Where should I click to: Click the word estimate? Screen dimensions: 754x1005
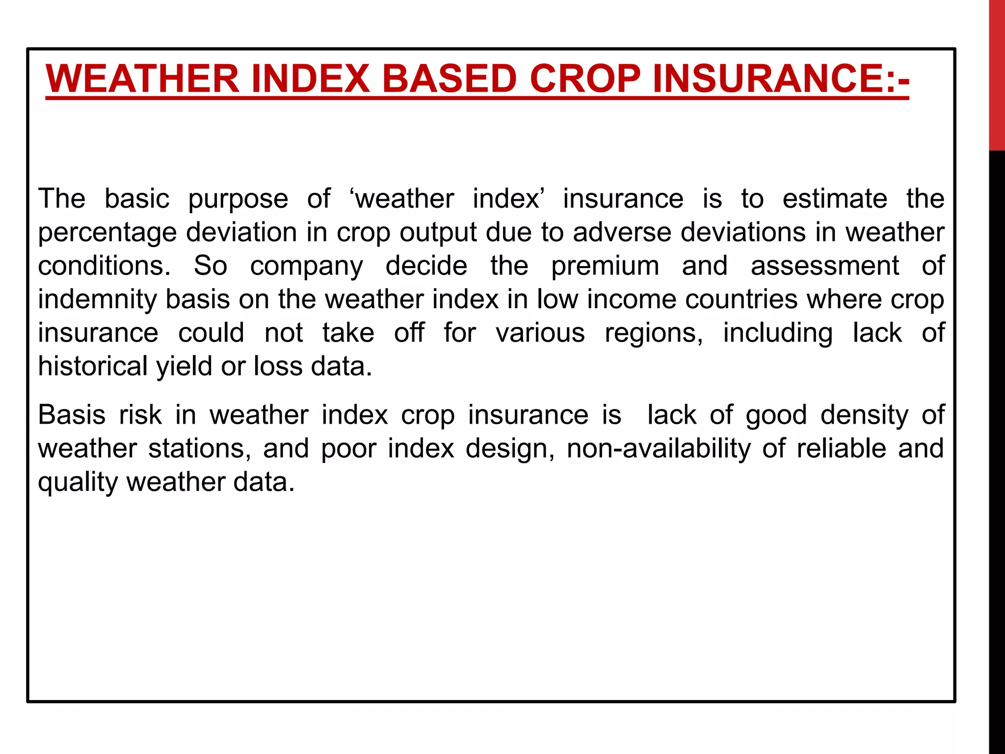click(835, 199)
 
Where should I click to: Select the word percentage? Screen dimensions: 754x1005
click(107, 233)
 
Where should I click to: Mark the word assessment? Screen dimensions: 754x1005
click(825, 266)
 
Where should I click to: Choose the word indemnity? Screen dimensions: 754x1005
click(97, 300)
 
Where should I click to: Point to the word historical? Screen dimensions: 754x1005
click(93, 366)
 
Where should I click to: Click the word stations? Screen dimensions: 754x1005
click(200, 449)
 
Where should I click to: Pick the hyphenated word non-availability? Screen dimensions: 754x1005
click(659, 449)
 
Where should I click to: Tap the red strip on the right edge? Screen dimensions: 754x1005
click(997, 74)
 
